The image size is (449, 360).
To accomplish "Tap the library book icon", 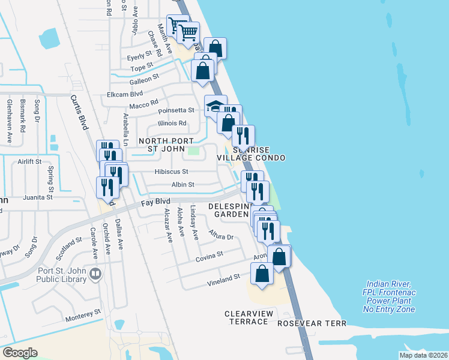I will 95,274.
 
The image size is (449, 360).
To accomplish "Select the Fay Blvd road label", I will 156,203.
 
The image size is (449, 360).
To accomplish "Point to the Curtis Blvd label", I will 79,112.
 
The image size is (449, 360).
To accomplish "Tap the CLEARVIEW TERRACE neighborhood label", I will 249,317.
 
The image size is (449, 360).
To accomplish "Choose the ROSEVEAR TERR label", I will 312,323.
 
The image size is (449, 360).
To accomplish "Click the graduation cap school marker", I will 215,106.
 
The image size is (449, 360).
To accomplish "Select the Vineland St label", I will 224,278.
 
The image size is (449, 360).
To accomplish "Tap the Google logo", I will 20,353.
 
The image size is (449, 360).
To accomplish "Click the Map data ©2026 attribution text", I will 423,355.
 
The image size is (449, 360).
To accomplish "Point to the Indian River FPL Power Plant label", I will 389,296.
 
